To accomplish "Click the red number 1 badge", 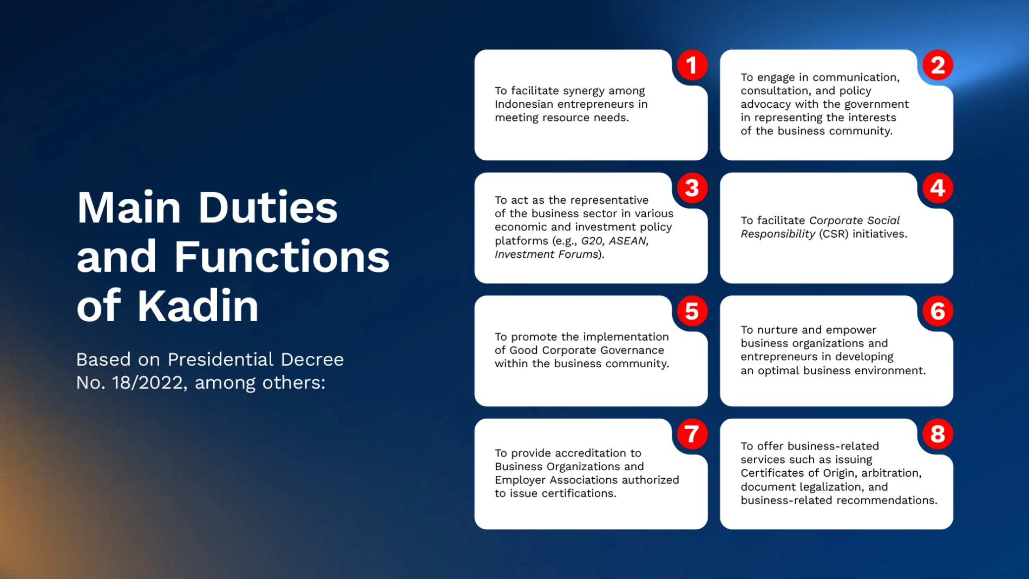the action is [692, 65].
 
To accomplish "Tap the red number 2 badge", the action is [938, 65].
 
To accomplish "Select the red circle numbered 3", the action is [692, 188].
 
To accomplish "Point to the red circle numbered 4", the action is [938, 188].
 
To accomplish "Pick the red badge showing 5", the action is [692, 311].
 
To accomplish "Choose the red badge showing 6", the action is [938, 311].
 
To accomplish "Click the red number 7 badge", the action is [692, 434].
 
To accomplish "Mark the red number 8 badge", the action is [938, 434].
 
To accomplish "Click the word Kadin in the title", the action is [198, 305].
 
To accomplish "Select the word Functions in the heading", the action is [281, 256].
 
